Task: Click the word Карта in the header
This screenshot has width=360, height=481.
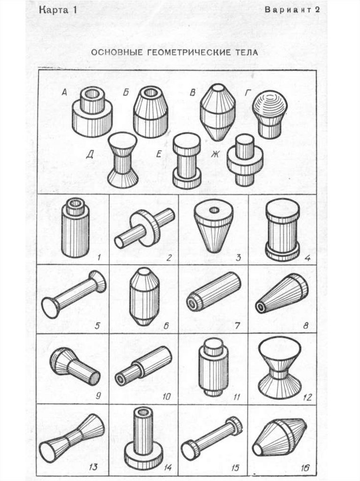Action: tap(54, 10)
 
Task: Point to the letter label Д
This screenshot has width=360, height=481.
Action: tap(90, 154)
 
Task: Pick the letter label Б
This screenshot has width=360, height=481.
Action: tap(126, 93)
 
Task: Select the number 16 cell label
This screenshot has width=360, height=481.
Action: tap(305, 467)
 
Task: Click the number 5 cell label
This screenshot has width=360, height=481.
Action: tap(97, 326)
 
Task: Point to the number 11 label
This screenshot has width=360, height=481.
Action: tap(237, 396)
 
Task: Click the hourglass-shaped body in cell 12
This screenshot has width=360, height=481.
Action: tap(279, 368)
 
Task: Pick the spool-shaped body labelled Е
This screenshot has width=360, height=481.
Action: tap(186, 160)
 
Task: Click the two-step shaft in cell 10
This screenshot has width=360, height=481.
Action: tap(143, 365)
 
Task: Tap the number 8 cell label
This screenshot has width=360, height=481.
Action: tap(306, 326)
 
